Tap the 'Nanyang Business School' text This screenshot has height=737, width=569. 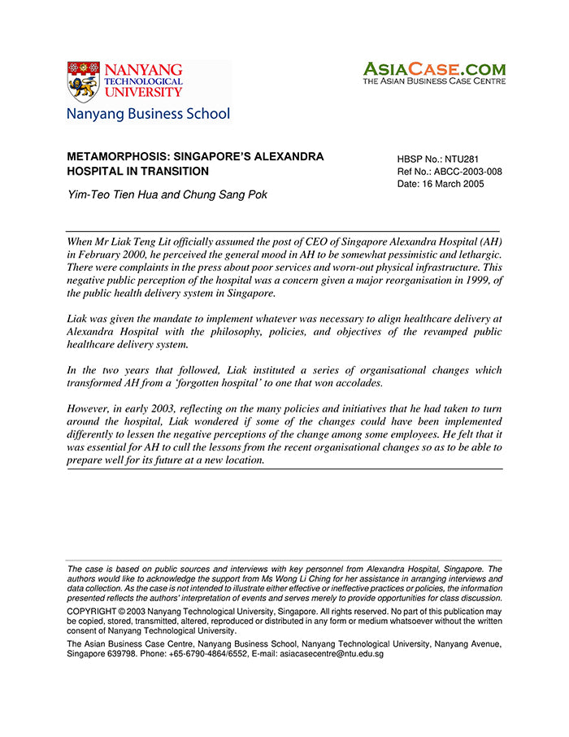(x=148, y=114)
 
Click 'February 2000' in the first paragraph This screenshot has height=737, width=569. (x=111, y=254)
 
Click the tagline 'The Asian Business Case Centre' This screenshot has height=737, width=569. (x=434, y=81)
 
